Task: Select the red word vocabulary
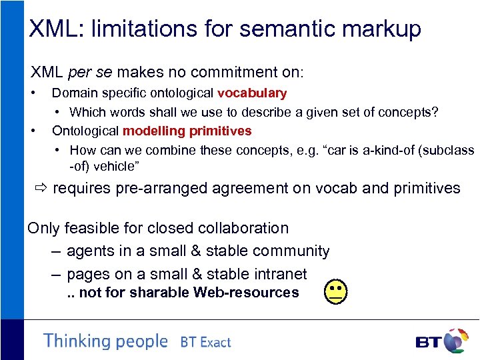[x=252, y=93]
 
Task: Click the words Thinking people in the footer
[x=105, y=341]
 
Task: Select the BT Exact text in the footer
[x=205, y=342]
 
